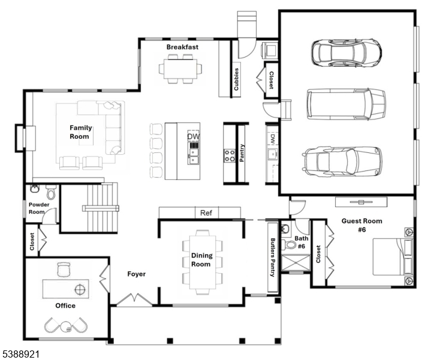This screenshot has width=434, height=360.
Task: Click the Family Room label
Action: (x=80, y=132)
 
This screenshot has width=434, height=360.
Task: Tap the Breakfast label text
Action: (x=182, y=47)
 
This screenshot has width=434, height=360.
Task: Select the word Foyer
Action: (x=137, y=274)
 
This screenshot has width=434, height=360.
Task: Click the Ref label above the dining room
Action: (x=206, y=213)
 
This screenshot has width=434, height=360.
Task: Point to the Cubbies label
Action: (x=237, y=78)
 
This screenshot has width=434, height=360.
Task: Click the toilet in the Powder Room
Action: (x=50, y=193)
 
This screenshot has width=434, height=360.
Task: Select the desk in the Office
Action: (x=65, y=289)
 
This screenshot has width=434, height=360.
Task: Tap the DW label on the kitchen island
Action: (x=193, y=137)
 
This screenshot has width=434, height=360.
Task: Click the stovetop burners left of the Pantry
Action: (x=229, y=155)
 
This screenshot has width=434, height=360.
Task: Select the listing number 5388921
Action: (x=20, y=354)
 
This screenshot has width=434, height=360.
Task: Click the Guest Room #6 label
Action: (x=361, y=225)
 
